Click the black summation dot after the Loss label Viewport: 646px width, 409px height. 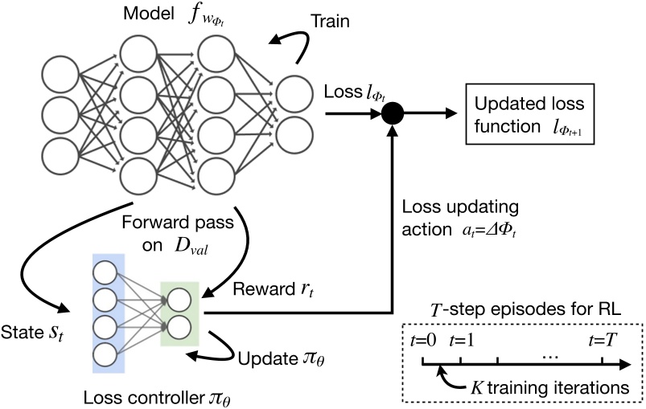[392, 114]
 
